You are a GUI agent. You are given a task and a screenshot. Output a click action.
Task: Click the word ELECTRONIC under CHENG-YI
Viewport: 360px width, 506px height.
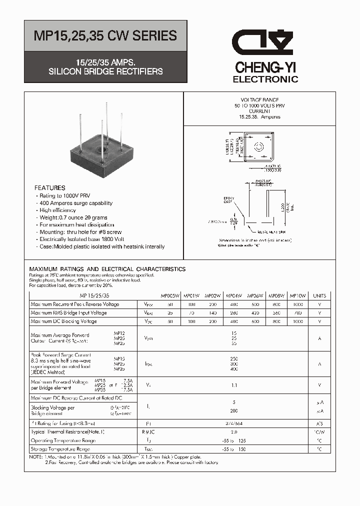pyautogui.click(x=265, y=79)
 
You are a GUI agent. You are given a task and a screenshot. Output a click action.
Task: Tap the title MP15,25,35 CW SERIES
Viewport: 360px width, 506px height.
pyautogui.click(x=105, y=35)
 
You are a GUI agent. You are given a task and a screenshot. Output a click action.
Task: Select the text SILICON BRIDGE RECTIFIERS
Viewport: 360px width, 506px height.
pyautogui.click(x=105, y=71)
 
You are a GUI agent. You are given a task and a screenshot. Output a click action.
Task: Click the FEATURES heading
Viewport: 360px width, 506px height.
pyautogui.click(x=50, y=188)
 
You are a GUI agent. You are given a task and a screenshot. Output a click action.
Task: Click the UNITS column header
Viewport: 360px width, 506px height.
pyautogui.click(x=319, y=295)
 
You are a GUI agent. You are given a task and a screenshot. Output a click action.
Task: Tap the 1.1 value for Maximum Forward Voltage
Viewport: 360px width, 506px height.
pyautogui.click(x=234, y=385)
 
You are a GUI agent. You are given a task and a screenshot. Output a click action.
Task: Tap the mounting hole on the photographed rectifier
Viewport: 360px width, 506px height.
pyautogui.click(x=105, y=147)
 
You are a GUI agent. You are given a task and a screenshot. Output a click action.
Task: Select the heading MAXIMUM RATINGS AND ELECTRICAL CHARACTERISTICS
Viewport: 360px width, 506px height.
pyautogui.click(x=107, y=269)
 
